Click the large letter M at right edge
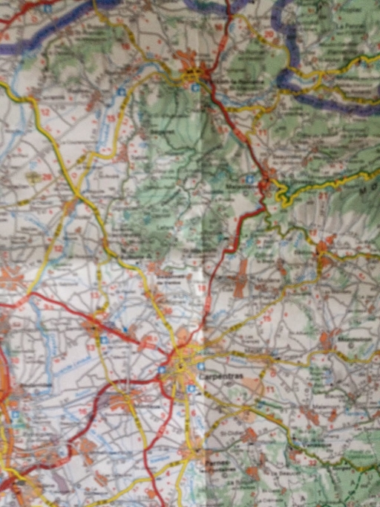pos(367,190)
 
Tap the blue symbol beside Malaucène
pos(251,179)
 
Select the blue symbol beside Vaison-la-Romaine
pos(194,86)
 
